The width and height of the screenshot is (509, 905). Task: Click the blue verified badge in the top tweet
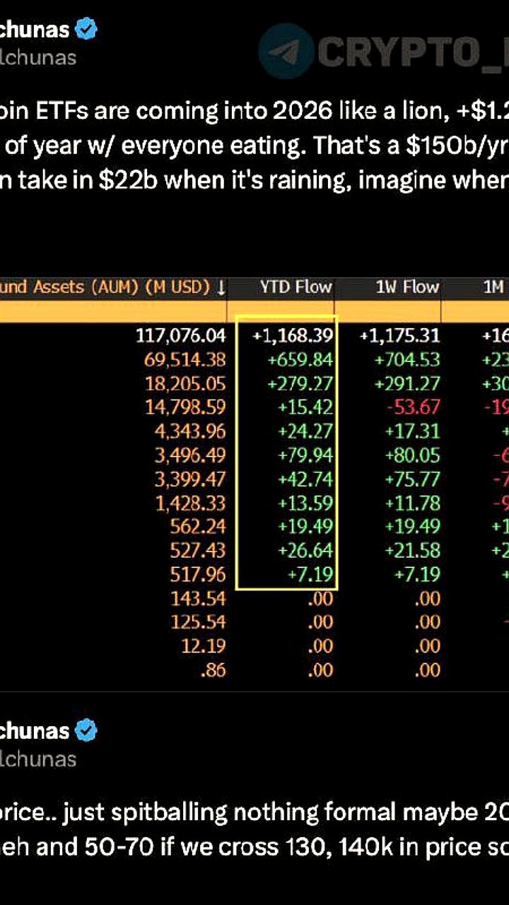point(86,30)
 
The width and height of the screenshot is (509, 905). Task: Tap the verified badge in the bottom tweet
point(86,730)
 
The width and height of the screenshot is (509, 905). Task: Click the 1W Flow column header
point(407,287)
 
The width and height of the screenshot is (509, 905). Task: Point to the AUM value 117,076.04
point(180,336)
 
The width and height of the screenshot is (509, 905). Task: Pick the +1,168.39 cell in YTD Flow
point(292,336)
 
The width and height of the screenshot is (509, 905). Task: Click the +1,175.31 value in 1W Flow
point(399,336)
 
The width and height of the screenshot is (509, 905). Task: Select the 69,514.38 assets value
point(185,360)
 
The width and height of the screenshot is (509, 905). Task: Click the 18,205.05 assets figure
point(185,384)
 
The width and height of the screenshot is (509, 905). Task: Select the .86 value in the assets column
point(213,670)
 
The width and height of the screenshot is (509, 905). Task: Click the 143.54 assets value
point(198,599)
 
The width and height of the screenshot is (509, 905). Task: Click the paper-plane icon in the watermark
point(286,50)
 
